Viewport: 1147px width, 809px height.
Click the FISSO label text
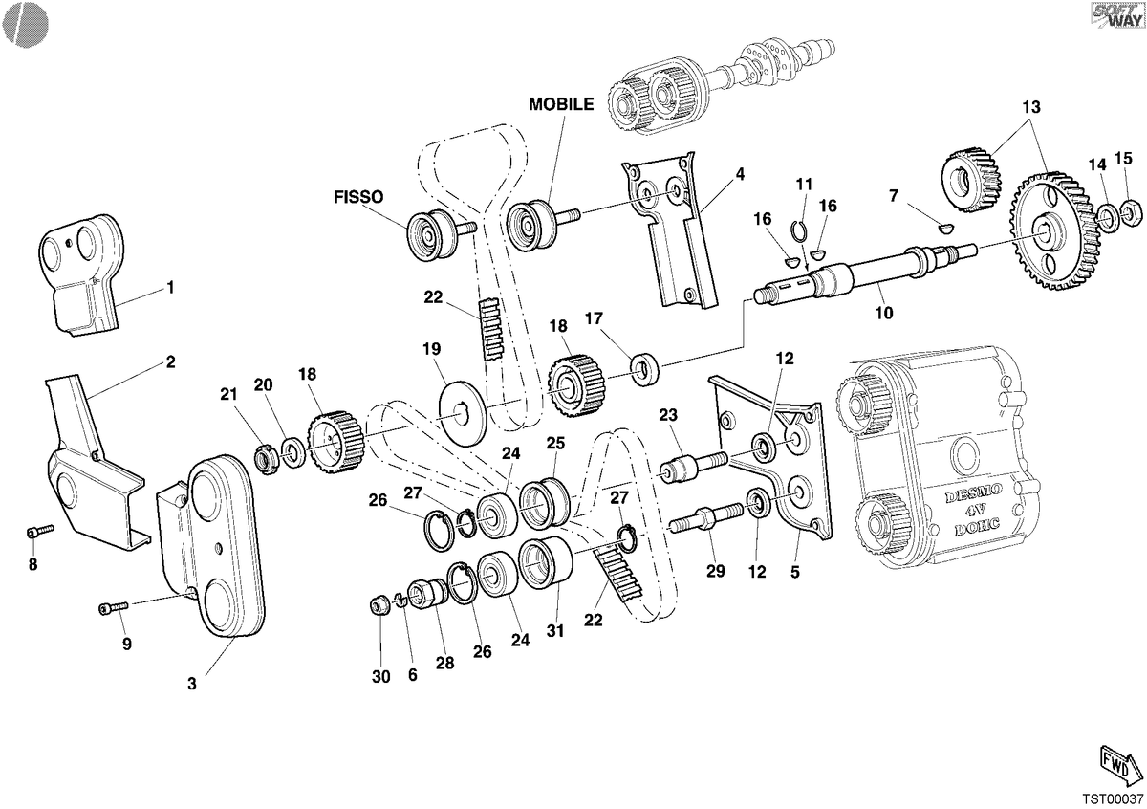click(x=358, y=197)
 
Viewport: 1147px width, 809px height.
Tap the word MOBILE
click(x=561, y=104)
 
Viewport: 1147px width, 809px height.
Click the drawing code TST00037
click(x=1112, y=799)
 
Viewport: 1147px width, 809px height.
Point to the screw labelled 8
click(x=39, y=532)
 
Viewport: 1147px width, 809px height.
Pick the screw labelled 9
click(x=113, y=607)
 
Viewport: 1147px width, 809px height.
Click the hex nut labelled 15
click(x=1132, y=211)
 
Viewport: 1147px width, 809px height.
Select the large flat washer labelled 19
click(x=463, y=411)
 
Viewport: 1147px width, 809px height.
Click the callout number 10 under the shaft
click(x=884, y=313)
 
